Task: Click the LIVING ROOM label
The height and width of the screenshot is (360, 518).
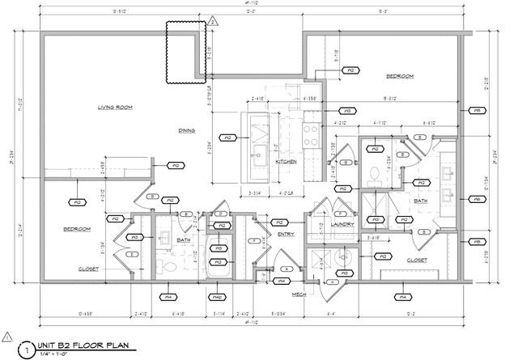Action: [115, 107]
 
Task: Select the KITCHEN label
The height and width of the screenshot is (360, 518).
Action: [287, 162]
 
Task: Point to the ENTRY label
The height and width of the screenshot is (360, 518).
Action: [286, 234]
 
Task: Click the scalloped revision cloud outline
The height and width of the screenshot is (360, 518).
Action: [185, 52]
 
